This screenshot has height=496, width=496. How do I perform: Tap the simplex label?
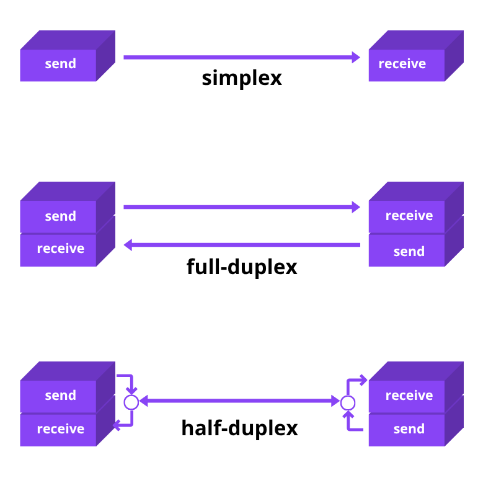pyautogui.click(x=242, y=79)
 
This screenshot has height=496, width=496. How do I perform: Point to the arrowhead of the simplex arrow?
pyautogui.click(x=356, y=57)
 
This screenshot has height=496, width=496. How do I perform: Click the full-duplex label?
pyautogui.click(x=242, y=267)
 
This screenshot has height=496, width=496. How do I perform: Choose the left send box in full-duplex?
pyautogui.click(x=60, y=216)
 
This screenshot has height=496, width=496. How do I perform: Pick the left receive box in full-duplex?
pyautogui.click(x=60, y=249)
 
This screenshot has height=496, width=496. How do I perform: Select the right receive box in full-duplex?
pyautogui.click(x=408, y=216)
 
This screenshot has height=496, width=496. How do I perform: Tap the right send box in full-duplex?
pyautogui.click(x=408, y=251)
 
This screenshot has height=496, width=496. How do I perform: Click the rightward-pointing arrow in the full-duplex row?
pyautogui.click(x=242, y=206)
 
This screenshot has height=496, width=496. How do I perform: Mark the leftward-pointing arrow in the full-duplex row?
pyautogui.click(x=242, y=245)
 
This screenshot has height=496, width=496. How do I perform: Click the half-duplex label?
pyautogui.click(x=240, y=428)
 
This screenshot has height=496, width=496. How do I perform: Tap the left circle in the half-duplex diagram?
pyautogui.click(x=131, y=402)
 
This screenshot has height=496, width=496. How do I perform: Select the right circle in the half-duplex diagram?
pyautogui.click(x=348, y=403)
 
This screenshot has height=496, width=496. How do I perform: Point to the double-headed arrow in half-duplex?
pyautogui.click(x=239, y=402)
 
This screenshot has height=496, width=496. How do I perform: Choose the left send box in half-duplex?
pyautogui.click(x=60, y=396)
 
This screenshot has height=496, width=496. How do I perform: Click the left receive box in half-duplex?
pyautogui.click(x=60, y=429)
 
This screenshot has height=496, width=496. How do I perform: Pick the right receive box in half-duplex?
pyautogui.click(x=408, y=396)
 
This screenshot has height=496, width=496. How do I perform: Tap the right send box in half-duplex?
pyautogui.click(x=408, y=429)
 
